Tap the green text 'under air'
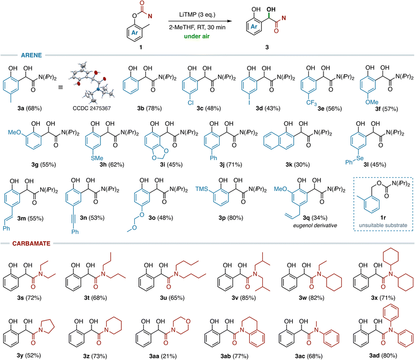click(x=197, y=36)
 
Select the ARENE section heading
click(x=31, y=55)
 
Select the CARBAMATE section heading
click(x=31, y=243)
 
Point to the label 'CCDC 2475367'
click(x=92, y=108)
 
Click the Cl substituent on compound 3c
click(x=191, y=103)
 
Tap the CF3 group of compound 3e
click(x=312, y=102)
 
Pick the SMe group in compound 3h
click(x=97, y=158)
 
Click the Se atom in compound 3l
click(x=360, y=158)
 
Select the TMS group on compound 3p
click(x=201, y=189)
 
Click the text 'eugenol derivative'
click(x=315, y=226)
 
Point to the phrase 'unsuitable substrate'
click(x=383, y=225)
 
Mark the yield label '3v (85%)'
click(x=244, y=298)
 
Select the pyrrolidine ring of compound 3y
click(x=47, y=327)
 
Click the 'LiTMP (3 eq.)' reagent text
click(x=197, y=15)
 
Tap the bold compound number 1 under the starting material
click(x=141, y=47)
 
